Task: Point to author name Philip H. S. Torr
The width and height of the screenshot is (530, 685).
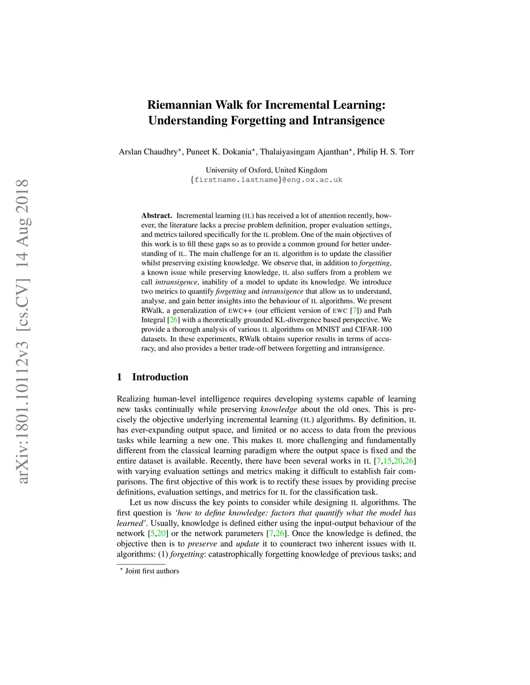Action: [386, 152]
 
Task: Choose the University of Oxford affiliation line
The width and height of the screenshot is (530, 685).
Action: [266, 170]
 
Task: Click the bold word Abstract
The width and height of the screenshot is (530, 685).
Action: [156, 216]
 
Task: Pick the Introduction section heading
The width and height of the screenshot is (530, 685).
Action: [160, 377]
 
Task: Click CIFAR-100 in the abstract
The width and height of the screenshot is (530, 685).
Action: [373, 329]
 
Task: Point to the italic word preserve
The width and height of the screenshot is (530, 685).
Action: [198, 544]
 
